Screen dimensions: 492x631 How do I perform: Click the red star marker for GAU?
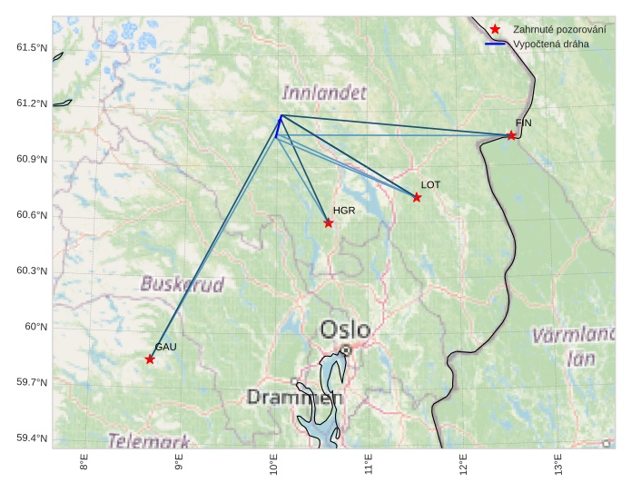[150, 359]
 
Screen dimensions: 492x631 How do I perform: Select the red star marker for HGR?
[329, 223]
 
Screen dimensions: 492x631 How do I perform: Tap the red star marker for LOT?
[417, 198]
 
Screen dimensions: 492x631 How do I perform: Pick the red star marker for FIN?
[511, 136]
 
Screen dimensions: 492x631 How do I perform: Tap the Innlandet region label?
[324, 93]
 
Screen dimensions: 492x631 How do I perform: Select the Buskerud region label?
[182, 284]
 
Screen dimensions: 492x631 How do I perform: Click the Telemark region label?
[150, 441]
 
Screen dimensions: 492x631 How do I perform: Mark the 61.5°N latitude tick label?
[32, 47]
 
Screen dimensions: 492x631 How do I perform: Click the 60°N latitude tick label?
[35, 327]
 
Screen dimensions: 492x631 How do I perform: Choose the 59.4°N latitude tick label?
[32, 438]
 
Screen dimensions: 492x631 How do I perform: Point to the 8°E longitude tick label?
[84, 464]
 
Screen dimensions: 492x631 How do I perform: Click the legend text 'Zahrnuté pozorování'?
[559, 30]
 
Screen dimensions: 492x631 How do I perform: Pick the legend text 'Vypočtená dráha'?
[551, 44]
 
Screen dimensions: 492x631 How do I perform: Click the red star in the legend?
[495, 30]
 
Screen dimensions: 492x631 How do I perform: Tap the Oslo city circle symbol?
[346, 349]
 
